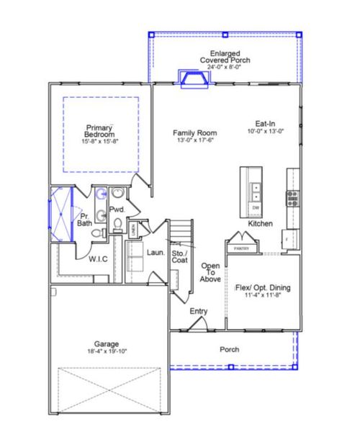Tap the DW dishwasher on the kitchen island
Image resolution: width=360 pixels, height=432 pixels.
pyautogui.click(x=255, y=208)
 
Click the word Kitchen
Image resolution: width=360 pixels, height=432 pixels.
pyautogui.click(x=260, y=225)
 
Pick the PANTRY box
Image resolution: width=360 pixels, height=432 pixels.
pyautogui.click(x=240, y=248)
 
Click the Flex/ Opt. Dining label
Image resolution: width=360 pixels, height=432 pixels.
pyautogui.click(x=264, y=288)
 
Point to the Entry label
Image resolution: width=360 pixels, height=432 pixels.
pyautogui.click(x=199, y=311)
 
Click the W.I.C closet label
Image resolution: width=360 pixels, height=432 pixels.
pyautogui.click(x=98, y=258)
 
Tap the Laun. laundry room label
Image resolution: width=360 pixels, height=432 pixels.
pyautogui.click(x=156, y=253)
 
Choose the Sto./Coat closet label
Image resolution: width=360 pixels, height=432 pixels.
pyautogui.click(x=179, y=257)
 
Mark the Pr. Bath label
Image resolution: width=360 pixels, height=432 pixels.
pyautogui.click(x=85, y=220)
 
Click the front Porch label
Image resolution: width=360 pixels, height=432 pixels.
pyautogui.click(x=230, y=349)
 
